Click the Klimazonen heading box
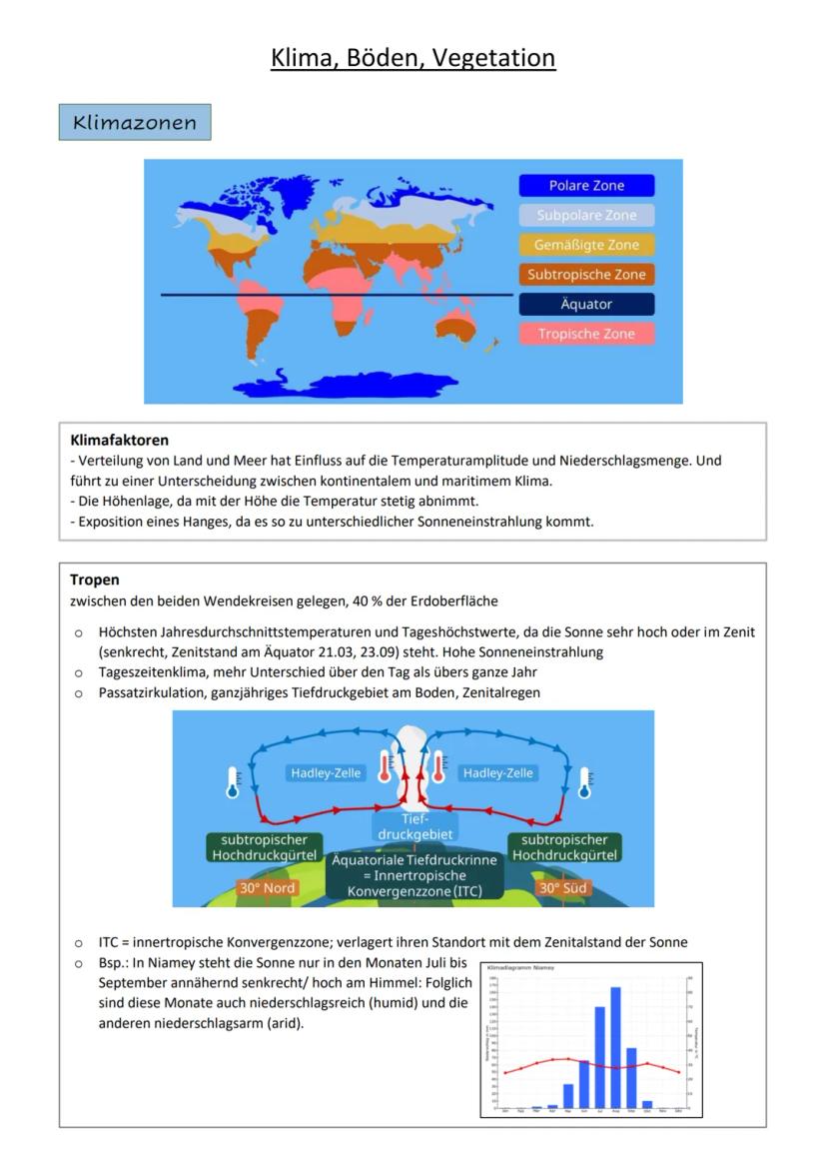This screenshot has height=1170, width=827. pos(134,122)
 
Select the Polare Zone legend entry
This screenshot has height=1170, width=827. pos(586,186)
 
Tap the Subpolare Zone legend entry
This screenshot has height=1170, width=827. pos(586,215)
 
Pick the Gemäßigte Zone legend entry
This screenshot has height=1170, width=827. pos(586,245)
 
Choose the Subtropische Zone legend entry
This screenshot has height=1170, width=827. pos(586,274)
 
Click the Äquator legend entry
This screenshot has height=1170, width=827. pos(586,304)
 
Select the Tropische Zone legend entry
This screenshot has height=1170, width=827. pos(586,334)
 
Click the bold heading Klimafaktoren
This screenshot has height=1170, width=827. pos(120,440)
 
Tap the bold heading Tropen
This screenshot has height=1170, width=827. pos(95,580)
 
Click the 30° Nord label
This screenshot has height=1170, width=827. pos(266,887)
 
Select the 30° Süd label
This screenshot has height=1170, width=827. pos(563,887)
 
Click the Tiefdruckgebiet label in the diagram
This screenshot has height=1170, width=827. pos(413,826)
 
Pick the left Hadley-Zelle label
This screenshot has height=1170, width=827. pos(326,772)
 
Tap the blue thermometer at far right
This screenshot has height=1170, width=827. pos(585,783)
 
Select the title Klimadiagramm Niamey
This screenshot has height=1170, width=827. pos(521,968)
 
